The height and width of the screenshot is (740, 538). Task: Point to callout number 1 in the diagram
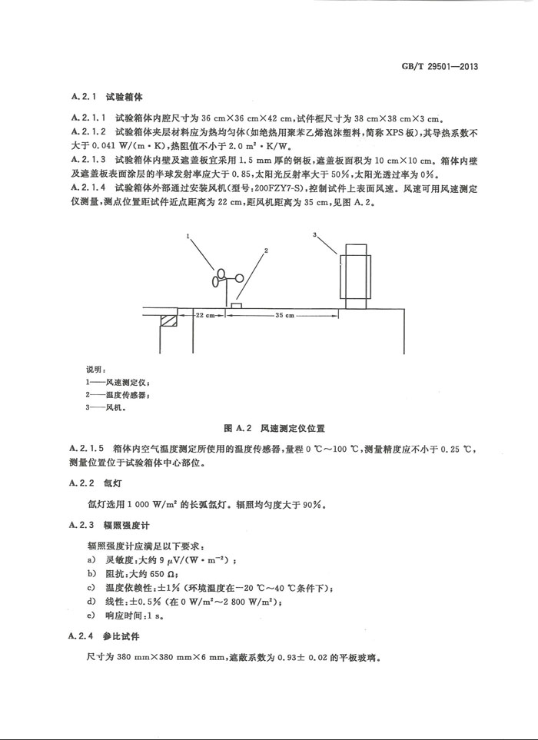(x=188, y=239)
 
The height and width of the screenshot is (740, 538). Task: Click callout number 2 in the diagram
(x=266, y=251)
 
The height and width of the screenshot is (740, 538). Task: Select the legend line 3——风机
(x=105, y=408)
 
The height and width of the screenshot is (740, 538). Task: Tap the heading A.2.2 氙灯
(x=96, y=483)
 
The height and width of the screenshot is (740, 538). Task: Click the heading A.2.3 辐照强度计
(x=107, y=525)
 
